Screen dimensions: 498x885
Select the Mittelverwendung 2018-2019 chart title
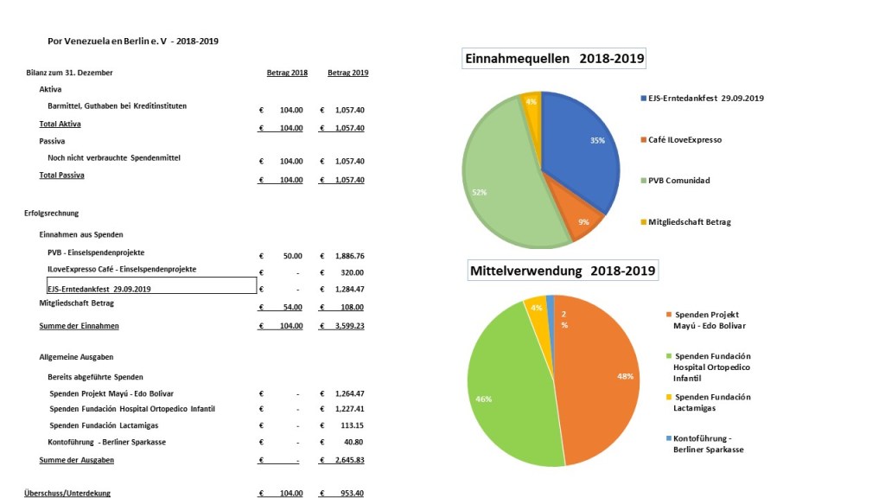(563, 271)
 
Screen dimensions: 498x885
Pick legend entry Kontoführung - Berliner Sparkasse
(709, 444)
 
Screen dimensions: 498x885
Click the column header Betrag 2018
(287, 73)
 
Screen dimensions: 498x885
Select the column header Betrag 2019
(347, 73)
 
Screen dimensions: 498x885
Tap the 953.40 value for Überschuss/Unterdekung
(352, 493)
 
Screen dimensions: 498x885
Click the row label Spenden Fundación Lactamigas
(104, 425)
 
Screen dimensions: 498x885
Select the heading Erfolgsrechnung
(53, 213)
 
